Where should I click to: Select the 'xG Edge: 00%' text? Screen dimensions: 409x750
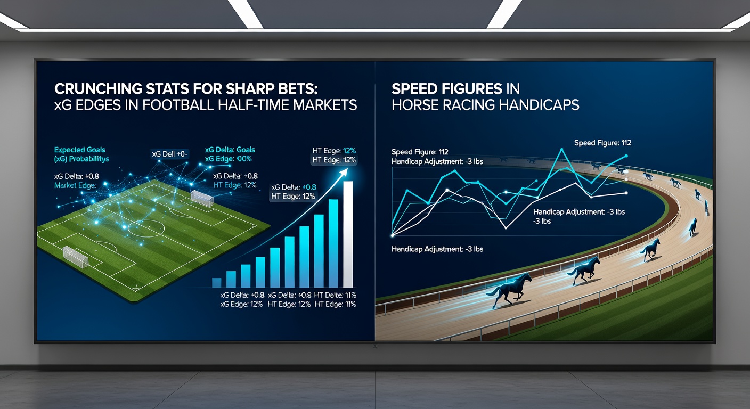pos(229,159)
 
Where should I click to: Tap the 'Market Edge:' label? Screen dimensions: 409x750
pos(75,185)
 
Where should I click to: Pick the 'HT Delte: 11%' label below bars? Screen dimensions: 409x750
pos(335,295)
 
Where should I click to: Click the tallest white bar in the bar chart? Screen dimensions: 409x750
pos(348,234)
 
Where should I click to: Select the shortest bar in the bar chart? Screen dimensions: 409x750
pos(217,283)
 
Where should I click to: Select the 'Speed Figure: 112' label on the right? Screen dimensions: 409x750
pos(602,143)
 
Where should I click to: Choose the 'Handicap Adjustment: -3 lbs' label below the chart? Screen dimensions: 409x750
pos(437,249)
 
